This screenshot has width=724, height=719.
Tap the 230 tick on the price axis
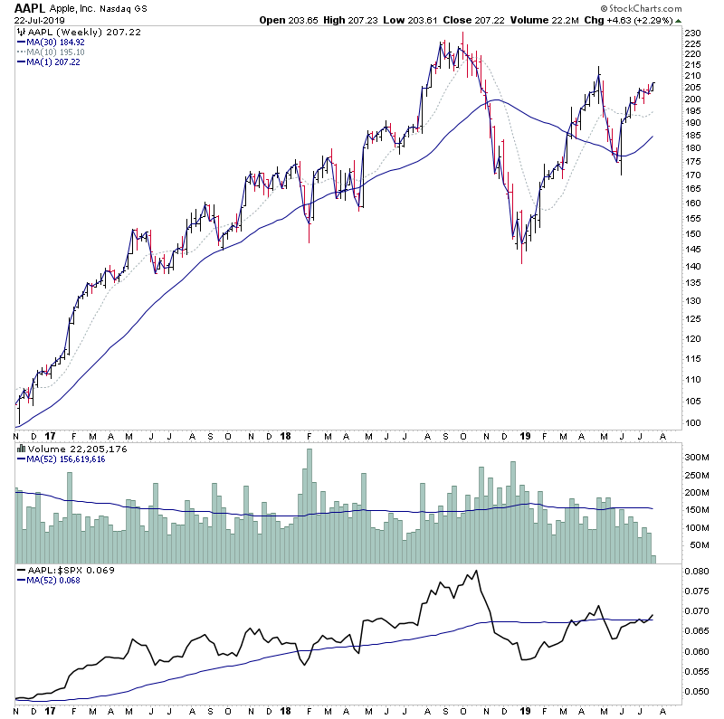point(692,33)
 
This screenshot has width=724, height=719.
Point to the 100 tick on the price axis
point(692,423)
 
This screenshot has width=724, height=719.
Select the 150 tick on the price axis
point(692,233)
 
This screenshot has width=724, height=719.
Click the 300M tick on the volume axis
point(695,459)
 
